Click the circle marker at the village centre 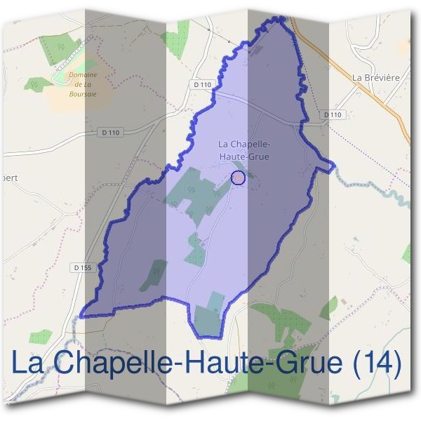(238, 178)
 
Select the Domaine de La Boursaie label (83, 83)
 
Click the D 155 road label (82, 267)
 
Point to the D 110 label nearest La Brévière (333, 114)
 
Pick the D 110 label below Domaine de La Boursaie (111, 132)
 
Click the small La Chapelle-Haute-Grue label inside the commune (246, 151)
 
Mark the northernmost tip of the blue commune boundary (281, 18)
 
